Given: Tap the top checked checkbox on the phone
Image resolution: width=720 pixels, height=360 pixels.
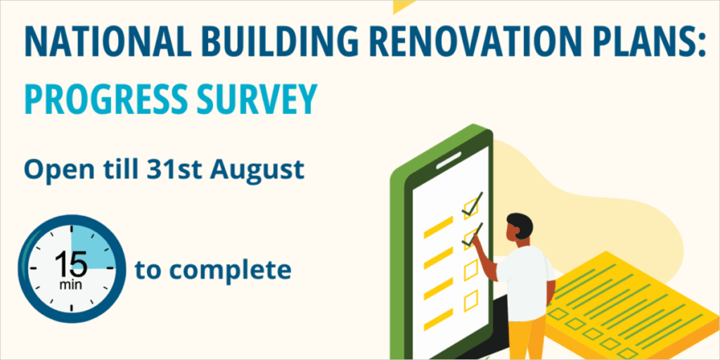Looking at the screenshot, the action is coord(470,207).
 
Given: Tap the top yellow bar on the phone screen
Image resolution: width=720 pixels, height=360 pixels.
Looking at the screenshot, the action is coord(438,227).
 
